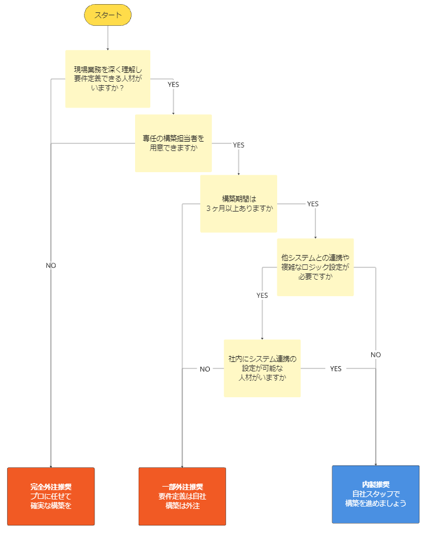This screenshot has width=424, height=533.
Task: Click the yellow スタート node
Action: click(107, 16)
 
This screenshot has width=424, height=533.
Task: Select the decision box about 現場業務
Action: click(107, 79)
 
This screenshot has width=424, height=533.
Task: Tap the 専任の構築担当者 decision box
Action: click(173, 143)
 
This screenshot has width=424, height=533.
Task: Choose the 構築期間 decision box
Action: click(238, 204)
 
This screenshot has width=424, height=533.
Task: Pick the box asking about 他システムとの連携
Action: click(315, 267)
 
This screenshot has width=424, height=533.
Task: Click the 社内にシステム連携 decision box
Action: click(263, 368)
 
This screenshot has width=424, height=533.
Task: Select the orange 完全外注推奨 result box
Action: click(51, 496)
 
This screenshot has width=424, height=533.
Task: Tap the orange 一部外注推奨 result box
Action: click(182, 496)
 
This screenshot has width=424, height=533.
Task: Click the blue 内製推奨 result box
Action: click(376, 494)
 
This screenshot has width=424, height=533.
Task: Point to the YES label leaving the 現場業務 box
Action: click(173, 84)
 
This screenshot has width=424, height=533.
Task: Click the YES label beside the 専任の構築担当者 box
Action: click(238, 145)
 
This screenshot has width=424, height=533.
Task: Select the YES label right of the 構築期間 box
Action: click(312, 204)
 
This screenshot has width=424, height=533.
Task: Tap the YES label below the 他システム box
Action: click(262, 296)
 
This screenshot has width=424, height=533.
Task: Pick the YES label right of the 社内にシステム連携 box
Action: click(335, 368)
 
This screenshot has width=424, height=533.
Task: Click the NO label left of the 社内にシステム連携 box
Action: click(204, 369)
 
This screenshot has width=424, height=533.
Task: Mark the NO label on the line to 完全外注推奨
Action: click(51, 266)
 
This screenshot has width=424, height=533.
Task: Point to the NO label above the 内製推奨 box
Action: click(376, 354)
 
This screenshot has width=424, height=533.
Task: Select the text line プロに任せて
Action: click(51, 496)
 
